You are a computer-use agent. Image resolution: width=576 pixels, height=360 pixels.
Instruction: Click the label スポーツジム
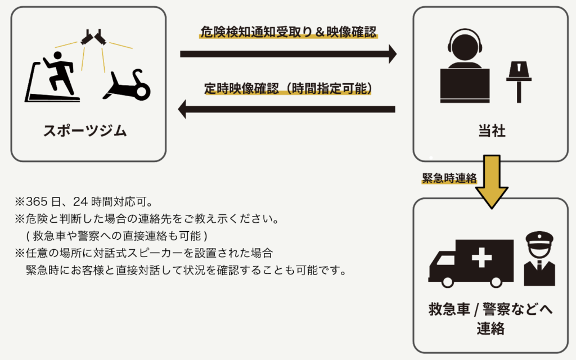85,131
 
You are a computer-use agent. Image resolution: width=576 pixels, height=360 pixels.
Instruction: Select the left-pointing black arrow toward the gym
287,109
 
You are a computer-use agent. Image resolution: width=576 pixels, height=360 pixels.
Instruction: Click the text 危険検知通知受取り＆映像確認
289,32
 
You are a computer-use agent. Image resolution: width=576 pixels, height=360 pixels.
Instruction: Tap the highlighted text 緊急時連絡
449,178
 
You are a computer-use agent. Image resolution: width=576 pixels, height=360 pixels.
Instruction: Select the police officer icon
539,259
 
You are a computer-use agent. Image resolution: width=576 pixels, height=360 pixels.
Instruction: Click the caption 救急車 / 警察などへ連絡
490,319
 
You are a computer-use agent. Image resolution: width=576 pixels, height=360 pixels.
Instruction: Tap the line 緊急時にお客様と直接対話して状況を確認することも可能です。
185,269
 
